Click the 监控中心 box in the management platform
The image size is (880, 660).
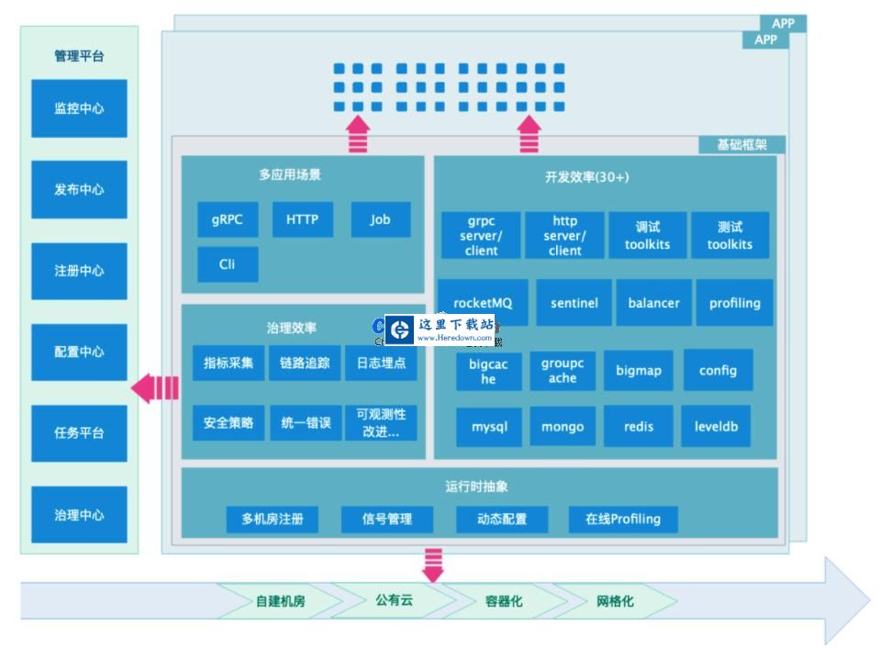pos(79,108)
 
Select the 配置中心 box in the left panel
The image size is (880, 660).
pos(79,352)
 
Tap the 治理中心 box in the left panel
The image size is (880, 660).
pos(79,515)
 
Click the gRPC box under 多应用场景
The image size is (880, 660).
pos(228,219)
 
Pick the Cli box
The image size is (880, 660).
pos(228,263)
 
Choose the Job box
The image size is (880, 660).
pos(380,219)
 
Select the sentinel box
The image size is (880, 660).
pos(574,303)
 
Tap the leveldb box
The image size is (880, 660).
pos(716,427)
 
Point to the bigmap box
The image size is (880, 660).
pos(639,371)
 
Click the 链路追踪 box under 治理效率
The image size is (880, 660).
pos(305,363)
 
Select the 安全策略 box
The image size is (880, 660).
pos(228,423)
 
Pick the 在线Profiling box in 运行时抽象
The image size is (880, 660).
pos(623,519)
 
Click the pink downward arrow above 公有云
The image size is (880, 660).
pos(432,564)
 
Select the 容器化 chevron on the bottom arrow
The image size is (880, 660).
pos(504,601)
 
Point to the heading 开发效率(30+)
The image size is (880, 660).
pos(587,177)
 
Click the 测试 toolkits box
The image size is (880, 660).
pos(730,235)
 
